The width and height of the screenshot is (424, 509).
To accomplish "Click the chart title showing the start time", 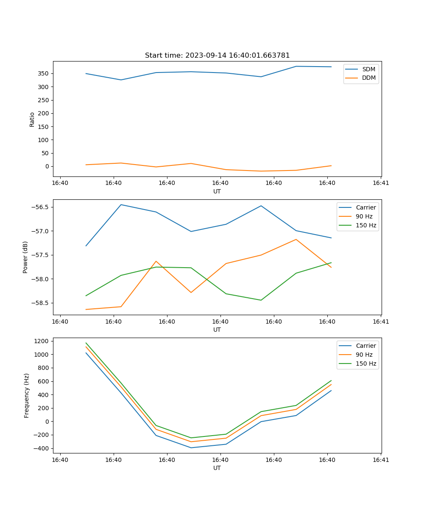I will pos(217,56).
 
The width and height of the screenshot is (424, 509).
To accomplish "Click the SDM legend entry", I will pos(368,69).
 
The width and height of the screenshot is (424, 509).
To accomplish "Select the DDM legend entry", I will pos(368,78).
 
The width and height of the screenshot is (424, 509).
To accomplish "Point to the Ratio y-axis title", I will pos(32,119).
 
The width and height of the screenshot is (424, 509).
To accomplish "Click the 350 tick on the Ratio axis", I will pos(44,73).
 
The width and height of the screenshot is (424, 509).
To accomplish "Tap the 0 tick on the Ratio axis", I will pos(47,166).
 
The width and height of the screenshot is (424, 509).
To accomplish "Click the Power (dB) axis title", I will pos(25,257).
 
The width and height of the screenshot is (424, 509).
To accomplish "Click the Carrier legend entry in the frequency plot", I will pos(365,346).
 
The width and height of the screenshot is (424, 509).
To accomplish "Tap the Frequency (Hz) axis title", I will pos(26,395).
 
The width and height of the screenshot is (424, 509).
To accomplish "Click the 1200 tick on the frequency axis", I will pos(43,341).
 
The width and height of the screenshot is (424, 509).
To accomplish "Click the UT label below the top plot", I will pos(217,191).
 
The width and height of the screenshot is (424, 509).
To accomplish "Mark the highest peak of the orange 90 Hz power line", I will pos(296,239).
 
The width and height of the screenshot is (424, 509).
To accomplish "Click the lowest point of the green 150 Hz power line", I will pos(261,300).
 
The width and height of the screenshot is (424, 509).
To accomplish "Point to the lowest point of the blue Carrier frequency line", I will pos(191,448).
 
